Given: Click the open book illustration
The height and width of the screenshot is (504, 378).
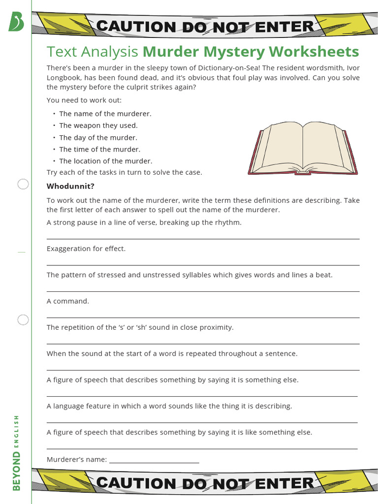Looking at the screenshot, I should (303, 149).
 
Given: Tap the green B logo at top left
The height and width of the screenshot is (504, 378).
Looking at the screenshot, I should (16, 22).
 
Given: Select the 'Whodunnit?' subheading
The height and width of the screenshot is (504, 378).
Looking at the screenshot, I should (70, 186).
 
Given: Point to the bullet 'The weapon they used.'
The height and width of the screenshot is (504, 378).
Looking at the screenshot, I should (98, 126).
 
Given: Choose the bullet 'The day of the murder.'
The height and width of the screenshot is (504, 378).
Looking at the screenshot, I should (98, 138).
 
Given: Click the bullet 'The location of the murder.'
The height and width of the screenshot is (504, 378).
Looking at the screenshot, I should (105, 161).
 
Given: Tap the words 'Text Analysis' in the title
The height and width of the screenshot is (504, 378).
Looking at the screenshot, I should (92, 52).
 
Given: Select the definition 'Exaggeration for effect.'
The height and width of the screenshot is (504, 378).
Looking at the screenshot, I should (86, 249).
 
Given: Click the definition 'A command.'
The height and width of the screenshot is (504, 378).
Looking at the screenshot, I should (68, 301).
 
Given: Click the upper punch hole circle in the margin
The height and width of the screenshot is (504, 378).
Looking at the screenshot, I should (23, 185).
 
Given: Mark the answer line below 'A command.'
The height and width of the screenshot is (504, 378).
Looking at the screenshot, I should (203, 317).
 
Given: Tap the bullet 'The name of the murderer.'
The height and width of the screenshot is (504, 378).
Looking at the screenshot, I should (105, 114).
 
